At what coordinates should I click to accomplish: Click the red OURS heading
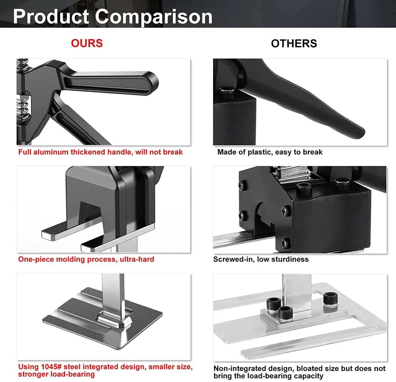(x=87, y=43)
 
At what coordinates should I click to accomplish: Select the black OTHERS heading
(x=294, y=43)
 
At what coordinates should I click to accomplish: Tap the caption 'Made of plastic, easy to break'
(x=270, y=152)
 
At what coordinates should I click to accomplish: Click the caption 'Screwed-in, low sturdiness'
(x=261, y=259)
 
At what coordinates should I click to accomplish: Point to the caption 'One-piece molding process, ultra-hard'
(x=86, y=259)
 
